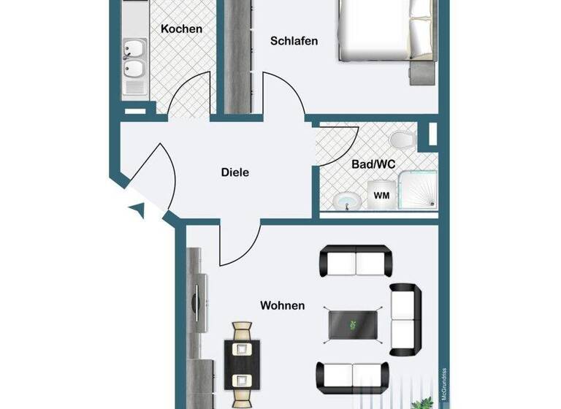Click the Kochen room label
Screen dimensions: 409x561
pos(181,28)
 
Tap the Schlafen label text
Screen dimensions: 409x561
pos(294,41)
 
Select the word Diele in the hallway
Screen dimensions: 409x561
pos(235,172)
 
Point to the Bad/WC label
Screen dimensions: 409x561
pos(373,164)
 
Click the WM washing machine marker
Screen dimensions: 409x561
pos(381,196)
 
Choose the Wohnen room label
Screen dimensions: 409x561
pos(283,305)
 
